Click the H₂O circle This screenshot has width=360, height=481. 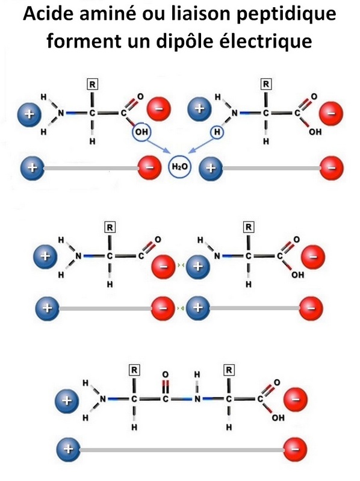click(x=179, y=167)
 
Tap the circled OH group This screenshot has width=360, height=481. click(x=141, y=132)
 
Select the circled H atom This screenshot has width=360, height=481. click(x=217, y=132)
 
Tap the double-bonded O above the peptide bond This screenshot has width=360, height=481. click(x=166, y=374)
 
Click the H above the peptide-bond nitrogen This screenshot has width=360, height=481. click(x=197, y=374)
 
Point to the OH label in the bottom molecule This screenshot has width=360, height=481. click(x=278, y=418)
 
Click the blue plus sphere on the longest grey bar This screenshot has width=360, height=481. click(x=69, y=450)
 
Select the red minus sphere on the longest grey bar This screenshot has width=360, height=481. click(x=295, y=450)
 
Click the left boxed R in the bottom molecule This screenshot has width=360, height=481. click(x=134, y=370)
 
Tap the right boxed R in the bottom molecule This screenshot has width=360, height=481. click(x=229, y=370)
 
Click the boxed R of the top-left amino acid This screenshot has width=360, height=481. click(x=93, y=84)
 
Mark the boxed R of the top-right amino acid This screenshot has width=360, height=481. click(x=266, y=84)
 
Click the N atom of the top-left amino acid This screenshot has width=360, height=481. click(x=61, y=113)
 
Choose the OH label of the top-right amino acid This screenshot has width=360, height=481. click(x=315, y=132)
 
